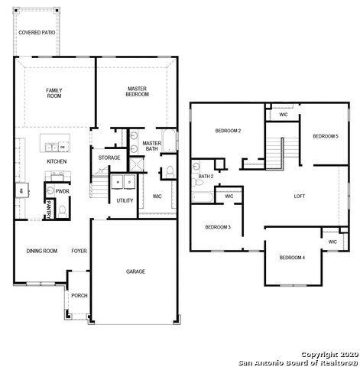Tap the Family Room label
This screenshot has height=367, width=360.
(54, 93)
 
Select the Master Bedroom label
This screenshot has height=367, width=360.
(137, 91)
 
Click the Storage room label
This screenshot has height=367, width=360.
(109, 158)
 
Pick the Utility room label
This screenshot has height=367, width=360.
(125, 200)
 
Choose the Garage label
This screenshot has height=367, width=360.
(136, 271)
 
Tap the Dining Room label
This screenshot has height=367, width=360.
(42, 251)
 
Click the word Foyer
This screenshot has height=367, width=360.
(79, 251)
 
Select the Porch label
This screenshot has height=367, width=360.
(79, 296)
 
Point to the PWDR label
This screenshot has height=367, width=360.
(63, 191)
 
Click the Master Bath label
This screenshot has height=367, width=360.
(151, 145)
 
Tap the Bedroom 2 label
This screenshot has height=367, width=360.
(228, 131)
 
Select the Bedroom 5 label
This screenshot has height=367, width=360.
(326, 136)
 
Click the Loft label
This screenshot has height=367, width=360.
(300, 196)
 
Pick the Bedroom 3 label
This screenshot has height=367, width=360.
(218, 227)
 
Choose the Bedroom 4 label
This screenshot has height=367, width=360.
(292, 258)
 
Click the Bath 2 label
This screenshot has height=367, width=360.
(205, 176)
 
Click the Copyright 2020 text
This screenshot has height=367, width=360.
(328, 354)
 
